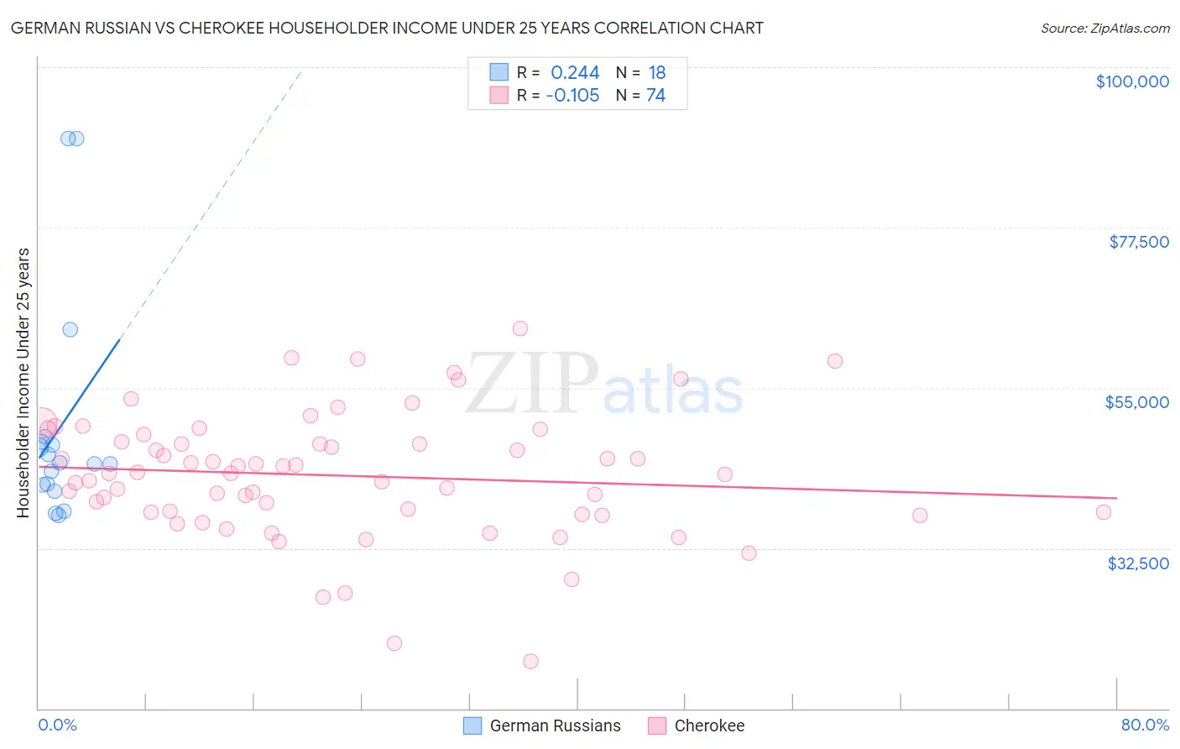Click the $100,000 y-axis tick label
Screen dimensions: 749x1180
pos(1132,81)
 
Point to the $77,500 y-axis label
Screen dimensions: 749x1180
pos(1139,242)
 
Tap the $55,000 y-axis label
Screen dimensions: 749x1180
pos(1137,402)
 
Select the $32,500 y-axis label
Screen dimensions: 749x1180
pos(1138,563)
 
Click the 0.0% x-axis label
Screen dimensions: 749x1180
pos(57,725)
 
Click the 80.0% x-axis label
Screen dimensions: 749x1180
pos(1145,725)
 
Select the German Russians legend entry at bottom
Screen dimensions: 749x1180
pos(543,725)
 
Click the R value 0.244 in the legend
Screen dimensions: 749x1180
pos(575,73)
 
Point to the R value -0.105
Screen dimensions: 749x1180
pos(572,96)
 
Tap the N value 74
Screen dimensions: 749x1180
pos(655,96)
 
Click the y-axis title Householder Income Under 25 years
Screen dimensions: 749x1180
pos(23,383)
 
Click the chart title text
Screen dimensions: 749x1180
pos(387,28)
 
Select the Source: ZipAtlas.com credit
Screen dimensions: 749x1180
pos(1105,28)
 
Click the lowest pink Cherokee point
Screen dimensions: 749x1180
pos(530,661)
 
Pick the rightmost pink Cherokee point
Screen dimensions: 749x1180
pos(1104,512)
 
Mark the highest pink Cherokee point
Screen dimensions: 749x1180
pos(520,328)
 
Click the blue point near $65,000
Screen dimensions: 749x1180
pos(70,329)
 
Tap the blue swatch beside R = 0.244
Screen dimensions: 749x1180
pos(499,73)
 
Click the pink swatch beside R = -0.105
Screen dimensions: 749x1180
pos(499,96)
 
